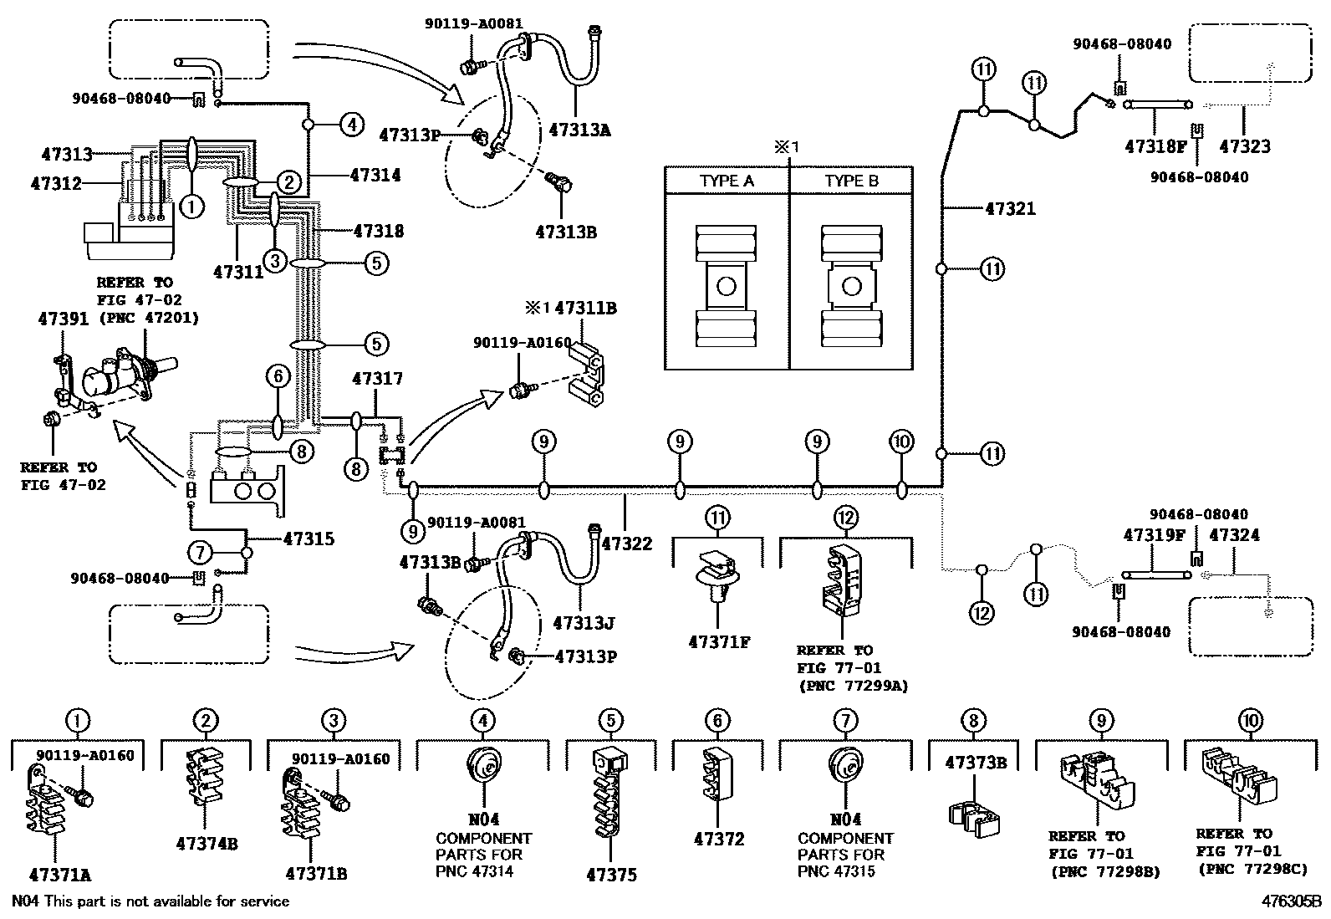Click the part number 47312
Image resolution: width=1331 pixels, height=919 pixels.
click(56, 183)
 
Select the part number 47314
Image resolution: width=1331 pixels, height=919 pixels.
click(375, 176)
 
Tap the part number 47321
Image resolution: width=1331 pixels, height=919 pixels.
click(1010, 208)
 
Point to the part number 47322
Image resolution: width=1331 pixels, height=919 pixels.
click(626, 544)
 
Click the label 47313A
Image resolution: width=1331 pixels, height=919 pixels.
click(579, 130)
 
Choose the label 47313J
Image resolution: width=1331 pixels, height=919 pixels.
click(584, 623)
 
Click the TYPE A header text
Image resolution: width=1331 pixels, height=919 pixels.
click(727, 181)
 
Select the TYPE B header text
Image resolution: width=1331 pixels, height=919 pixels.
click(851, 181)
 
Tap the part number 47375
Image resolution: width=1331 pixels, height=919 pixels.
click(611, 875)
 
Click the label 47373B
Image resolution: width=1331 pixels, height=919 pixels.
click(975, 763)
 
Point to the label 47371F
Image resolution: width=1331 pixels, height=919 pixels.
click(719, 642)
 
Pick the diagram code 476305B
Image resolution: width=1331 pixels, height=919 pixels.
click(1291, 901)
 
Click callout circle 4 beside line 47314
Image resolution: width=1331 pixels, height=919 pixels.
click(352, 125)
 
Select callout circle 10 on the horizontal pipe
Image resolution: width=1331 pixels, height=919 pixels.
click(901, 442)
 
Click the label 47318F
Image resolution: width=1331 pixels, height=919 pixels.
click(1156, 146)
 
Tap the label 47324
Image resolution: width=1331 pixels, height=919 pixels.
click(1234, 535)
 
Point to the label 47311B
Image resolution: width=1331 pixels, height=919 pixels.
click(585, 309)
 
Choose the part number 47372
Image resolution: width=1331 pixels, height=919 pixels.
click(719, 839)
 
